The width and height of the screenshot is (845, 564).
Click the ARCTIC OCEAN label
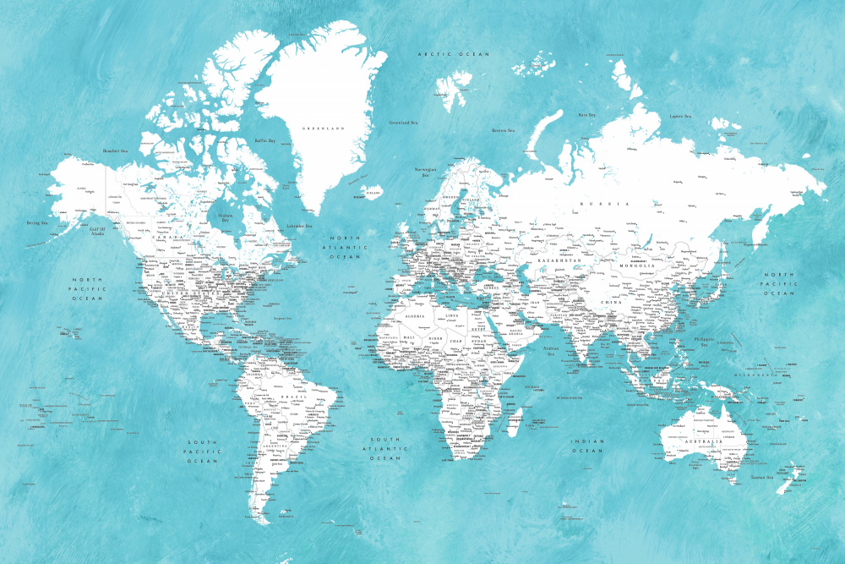pyautogui.click(x=454, y=54)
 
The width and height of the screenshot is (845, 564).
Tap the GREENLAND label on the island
pyautogui.click(x=324, y=129)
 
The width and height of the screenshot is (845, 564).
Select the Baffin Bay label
pyautogui.click(x=266, y=141)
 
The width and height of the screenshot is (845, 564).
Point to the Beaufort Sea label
pyautogui.click(x=115, y=151)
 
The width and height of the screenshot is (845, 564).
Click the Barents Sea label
pyautogui.click(x=504, y=130)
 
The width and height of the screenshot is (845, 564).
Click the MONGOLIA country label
pyautogui.click(x=637, y=266)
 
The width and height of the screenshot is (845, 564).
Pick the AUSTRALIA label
pyautogui.click(x=703, y=441)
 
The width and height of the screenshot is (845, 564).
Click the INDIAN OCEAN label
pyautogui.click(x=587, y=446)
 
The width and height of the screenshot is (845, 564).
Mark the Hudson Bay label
pyautogui.click(x=224, y=217)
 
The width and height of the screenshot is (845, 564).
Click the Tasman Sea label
pyautogui.click(x=762, y=477)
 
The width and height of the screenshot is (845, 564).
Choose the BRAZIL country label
pyautogui.click(x=295, y=397)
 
